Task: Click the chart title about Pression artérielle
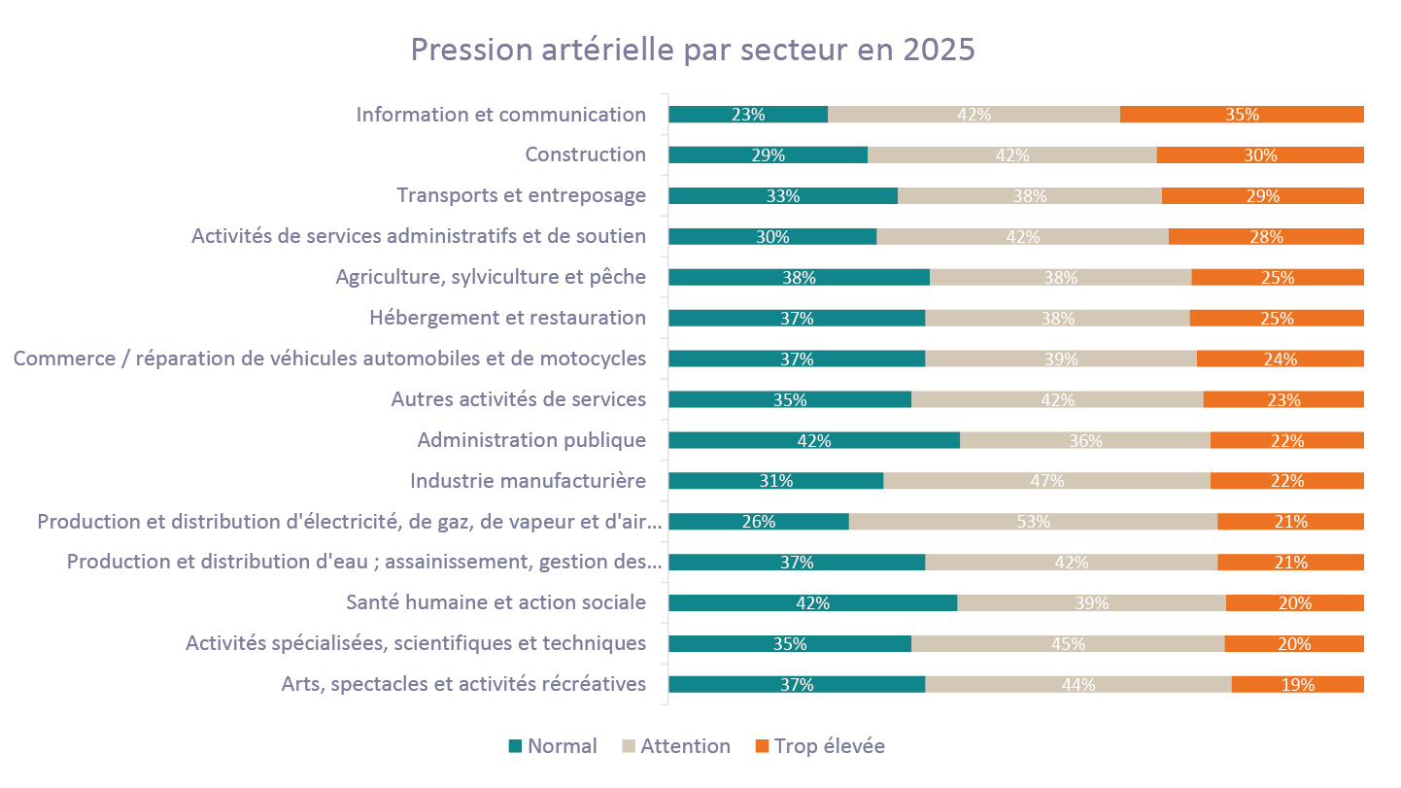[692, 50]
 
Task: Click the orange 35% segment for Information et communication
[1242, 115]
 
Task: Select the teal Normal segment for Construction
[768, 155]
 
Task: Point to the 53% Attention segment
[1033, 522]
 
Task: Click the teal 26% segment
[758, 522]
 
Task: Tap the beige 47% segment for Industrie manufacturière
[1046, 481]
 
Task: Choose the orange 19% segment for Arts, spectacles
[1297, 685]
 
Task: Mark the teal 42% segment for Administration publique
[813, 440]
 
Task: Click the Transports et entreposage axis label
[521, 195]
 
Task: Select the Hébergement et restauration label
[507, 318]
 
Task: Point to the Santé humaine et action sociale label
[495, 602]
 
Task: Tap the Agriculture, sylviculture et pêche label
[491, 277]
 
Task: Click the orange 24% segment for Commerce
[1280, 359]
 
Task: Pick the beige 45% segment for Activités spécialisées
[1068, 643]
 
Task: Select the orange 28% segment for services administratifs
[1266, 236]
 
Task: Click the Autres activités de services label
[518, 399]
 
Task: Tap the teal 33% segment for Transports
[782, 196]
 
